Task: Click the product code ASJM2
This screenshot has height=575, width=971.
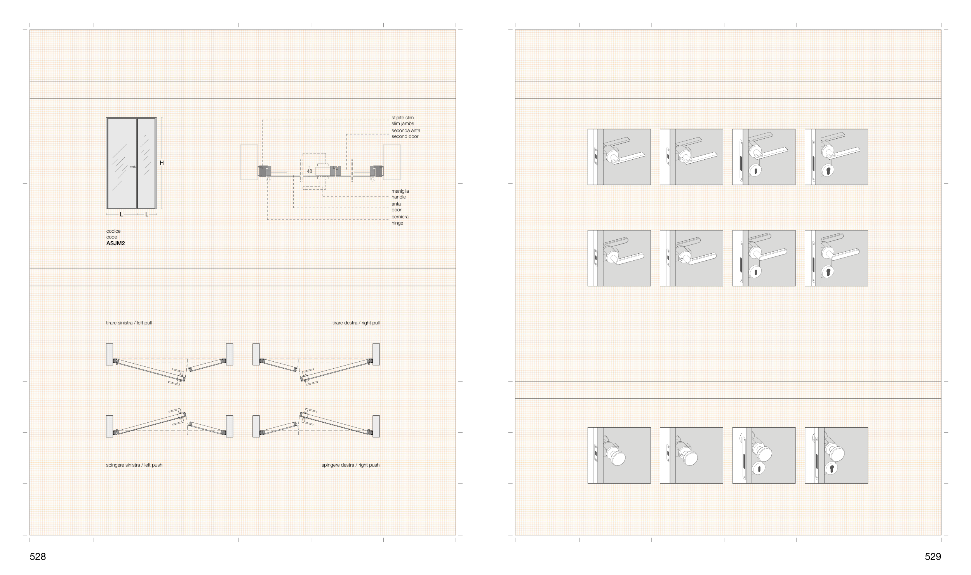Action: click(115, 244)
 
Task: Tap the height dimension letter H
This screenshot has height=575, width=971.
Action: click(162, 163)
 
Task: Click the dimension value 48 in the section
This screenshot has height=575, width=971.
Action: click(310, 171)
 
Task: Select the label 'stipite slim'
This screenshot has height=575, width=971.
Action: click(402, 118)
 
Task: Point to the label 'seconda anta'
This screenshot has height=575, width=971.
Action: click(406, 131)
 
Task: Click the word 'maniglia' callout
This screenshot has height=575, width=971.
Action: click(400, 191)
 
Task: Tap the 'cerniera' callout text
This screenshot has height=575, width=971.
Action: click(400, 217)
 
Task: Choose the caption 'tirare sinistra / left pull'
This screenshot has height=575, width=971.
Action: click(129, 323)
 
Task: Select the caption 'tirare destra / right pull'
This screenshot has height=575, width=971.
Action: click(356, 323)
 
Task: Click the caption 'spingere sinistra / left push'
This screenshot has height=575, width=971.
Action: click(134, 465)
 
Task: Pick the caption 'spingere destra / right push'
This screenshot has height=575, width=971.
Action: click(350, 465)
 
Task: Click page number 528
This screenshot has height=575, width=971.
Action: click(38, 557)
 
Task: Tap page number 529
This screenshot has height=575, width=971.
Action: click(933, 557)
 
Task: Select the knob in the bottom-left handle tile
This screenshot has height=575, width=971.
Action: click(616, 457)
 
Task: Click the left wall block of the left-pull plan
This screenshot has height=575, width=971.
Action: click(110, 354)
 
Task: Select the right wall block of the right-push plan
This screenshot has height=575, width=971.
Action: click(376, 426)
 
